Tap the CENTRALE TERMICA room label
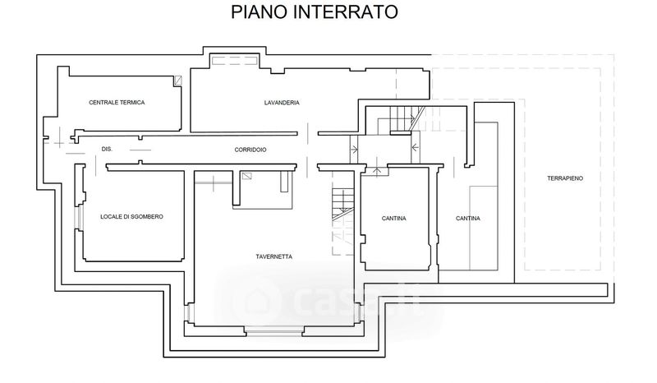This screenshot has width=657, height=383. (117, 102)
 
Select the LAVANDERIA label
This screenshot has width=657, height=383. (282, 103)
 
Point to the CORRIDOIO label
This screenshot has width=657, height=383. (250, 149)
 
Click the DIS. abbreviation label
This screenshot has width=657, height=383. (106, 149)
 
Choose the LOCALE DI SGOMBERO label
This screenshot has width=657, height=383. (131, 216)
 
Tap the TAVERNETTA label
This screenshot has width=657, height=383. (274, 256)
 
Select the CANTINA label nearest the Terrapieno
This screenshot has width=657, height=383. (468, 218)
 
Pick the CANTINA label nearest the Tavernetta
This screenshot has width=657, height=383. (394, 218)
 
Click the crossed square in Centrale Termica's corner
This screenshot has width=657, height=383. (177, 81)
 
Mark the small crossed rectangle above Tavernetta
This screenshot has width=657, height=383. (247, 175)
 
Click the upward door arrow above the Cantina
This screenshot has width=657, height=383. (377, 170)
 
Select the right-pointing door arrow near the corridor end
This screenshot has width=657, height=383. (354, 149)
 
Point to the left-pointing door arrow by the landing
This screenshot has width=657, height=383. (416, 149)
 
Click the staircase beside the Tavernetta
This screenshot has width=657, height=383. (340, 205)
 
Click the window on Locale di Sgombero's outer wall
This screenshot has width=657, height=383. (79, 217)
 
